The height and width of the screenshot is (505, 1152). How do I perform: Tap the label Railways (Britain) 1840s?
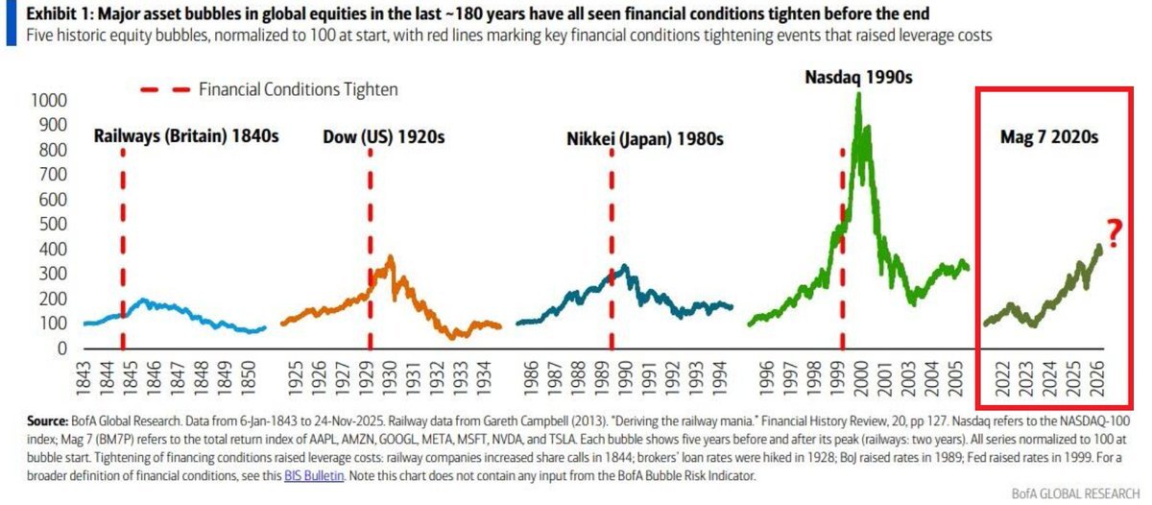tap(186, 136)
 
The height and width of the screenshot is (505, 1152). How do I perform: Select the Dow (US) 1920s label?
tap(383, 136)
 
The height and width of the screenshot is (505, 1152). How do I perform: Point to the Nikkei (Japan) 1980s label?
tap(645, 138)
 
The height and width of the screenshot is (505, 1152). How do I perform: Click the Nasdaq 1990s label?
tap(857, 79)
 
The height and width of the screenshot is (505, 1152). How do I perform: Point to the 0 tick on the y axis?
tap(60, 349)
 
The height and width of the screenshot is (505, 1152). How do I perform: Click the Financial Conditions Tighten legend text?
tap(298, 89)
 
